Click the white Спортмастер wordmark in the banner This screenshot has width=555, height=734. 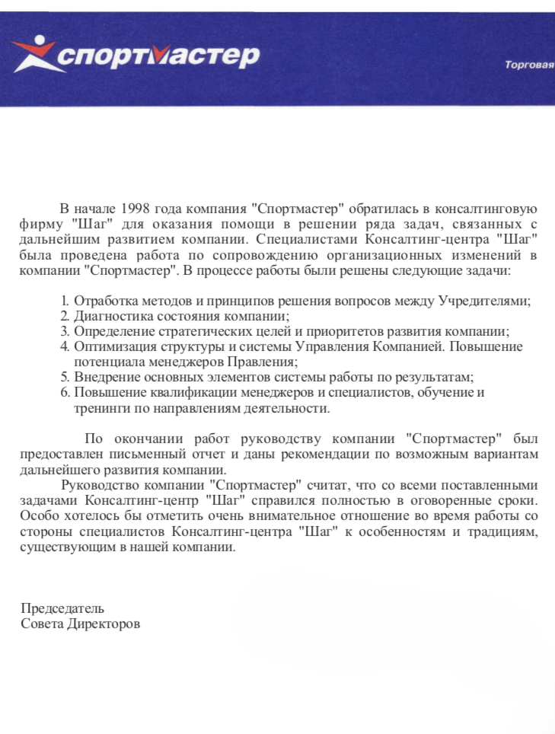(159, 56)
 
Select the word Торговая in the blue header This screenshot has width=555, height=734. (529, 65)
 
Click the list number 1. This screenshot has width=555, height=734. (65, 301)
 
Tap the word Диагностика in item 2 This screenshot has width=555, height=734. (107, 316)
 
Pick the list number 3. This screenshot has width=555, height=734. (65, 331)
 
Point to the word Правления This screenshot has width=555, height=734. (266, 362)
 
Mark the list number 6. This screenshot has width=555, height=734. (65, 392)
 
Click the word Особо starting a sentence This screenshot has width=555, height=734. (37, 515)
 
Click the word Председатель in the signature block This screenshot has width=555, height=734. (62, 608)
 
